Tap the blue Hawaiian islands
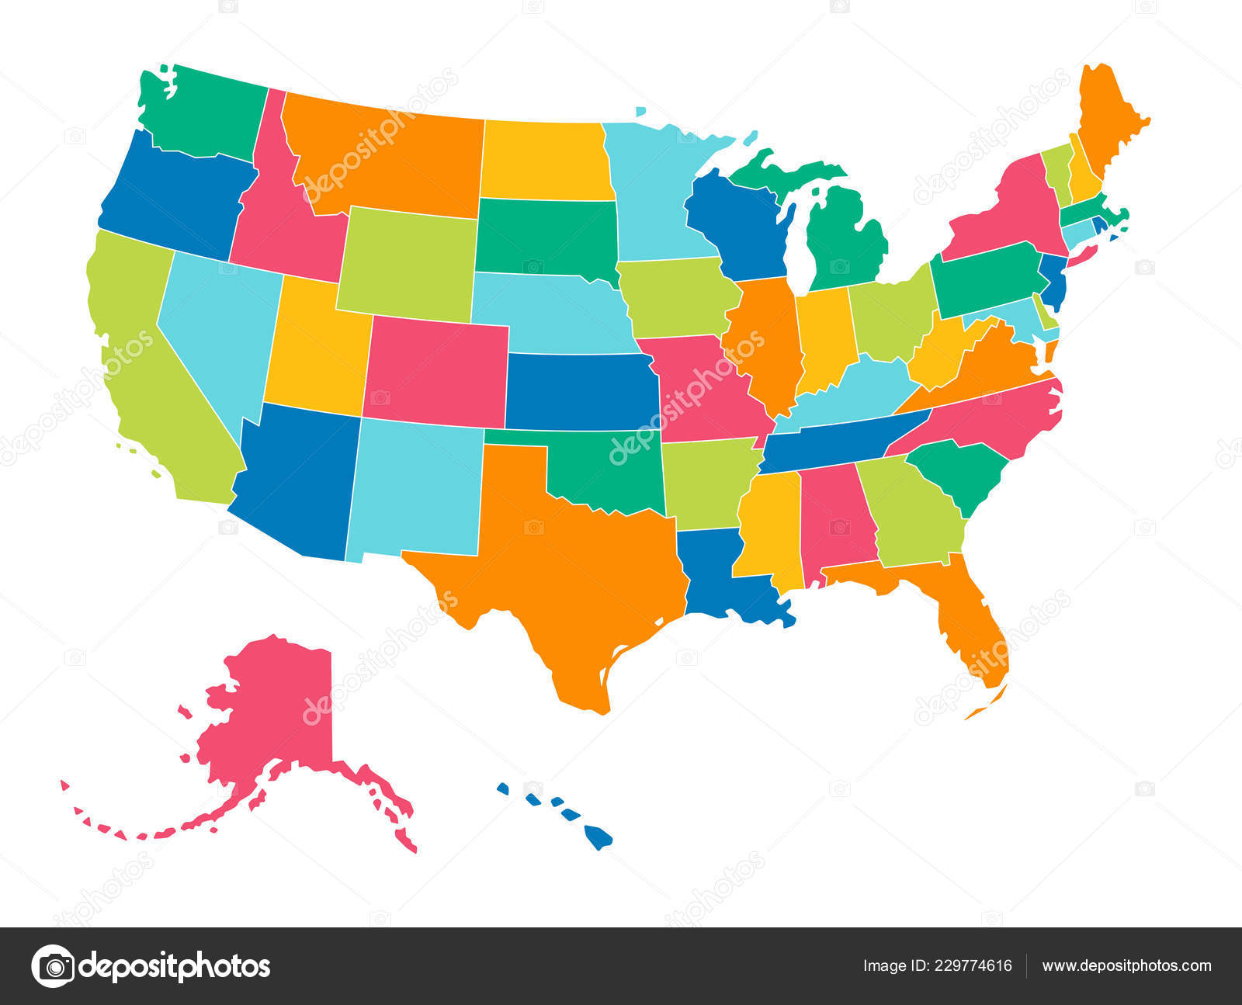pyautogui.click(x=597, y=837)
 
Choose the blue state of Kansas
pyautogui.click(x=578, y=392)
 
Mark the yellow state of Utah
pyautogui.click(x=314, y=349)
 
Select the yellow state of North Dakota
pyautogui.click(x=543, y=159)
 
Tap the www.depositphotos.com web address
pyautogui.click(x=1126, y=966)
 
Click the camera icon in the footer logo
pyautogui.click(x=54, y=966)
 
